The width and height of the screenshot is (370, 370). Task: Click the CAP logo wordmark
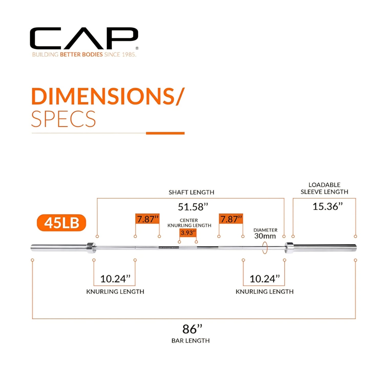[84, 38]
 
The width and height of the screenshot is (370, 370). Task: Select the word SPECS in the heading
[64, 119]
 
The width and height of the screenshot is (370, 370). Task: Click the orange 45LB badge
[61, 223]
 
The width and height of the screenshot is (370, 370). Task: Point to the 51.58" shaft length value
[193, 207]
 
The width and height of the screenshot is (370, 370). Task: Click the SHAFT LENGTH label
[192, 192]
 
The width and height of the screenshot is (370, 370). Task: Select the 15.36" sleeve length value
[328, 207]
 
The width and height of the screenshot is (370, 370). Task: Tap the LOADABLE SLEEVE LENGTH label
[324, 188]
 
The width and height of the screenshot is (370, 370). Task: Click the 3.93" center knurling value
[188, 233]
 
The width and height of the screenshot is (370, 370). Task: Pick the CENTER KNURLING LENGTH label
[189, 223]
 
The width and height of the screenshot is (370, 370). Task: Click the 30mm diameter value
[265, 236]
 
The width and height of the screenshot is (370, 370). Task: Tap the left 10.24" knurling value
[115, 279]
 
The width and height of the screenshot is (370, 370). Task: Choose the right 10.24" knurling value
[265, 279]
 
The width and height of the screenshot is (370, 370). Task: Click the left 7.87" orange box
[147, 219]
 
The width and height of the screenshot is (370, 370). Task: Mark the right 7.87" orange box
[231, 219]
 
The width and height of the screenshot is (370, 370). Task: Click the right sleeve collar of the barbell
[289, 248]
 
